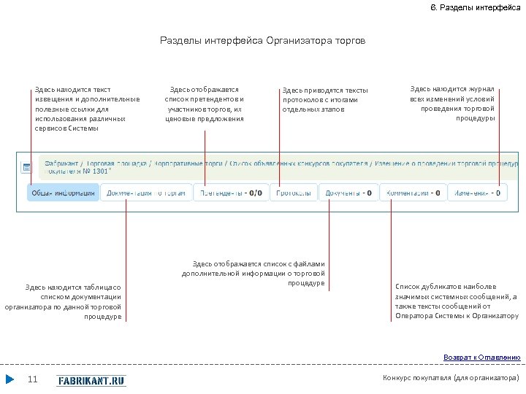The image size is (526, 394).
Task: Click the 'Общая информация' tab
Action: click(62, 193)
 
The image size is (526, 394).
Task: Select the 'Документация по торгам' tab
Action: click(146, 193)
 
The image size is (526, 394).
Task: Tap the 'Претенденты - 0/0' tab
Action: click(231, 193)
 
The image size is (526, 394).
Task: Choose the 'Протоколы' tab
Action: click(294, 193)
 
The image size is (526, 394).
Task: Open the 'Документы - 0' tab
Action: click(348, 193)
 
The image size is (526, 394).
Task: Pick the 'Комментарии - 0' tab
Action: click(414, 193)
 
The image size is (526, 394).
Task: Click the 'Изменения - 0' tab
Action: click(479, 193)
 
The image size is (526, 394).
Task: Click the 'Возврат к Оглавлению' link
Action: click(482, 358)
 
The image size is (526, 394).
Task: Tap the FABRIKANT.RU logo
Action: click(91, 380)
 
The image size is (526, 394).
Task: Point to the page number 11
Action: click(32, 379)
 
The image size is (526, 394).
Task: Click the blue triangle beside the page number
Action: click(9, 379)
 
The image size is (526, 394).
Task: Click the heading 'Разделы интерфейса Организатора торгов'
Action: click(262, 41)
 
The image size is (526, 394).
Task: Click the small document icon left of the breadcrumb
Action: click(26, 167)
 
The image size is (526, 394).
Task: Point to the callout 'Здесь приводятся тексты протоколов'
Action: click(325, 100)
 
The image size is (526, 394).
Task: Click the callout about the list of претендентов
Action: click(205, 104)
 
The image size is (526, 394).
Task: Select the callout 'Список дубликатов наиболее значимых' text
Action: click(457, 301)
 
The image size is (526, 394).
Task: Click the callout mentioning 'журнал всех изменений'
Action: click(452, 103)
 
